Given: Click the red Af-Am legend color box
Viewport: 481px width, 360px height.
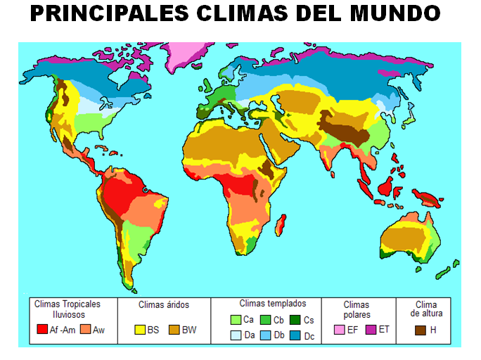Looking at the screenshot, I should click(x=42, y=329).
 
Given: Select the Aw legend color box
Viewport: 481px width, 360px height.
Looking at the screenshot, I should click(x=86, y=329).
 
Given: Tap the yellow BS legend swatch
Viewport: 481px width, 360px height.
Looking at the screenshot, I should click(x=141, y=329).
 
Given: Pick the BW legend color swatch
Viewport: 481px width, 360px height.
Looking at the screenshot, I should click(x=175, y=329).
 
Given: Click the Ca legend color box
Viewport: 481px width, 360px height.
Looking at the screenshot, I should click(x=236, y=321).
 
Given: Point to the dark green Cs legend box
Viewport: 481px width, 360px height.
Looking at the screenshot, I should click(x=296, y=321).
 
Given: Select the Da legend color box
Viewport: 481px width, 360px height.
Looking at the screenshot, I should click(x=236, y=335).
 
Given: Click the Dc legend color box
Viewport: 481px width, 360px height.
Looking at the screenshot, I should click(x=296, y=335).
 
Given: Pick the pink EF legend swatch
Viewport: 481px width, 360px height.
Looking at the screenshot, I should click(x=340, y=329).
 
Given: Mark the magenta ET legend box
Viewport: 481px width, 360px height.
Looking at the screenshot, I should click(x=371, y=329).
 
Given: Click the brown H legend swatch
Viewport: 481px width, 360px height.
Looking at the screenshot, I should click(x=421, y=329).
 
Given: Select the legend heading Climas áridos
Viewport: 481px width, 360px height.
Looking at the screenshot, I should click(x=164, y=305).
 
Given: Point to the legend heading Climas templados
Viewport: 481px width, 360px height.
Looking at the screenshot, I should click(x=273, y=304).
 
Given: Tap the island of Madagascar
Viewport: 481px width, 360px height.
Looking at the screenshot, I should click(x=280, y=226).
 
